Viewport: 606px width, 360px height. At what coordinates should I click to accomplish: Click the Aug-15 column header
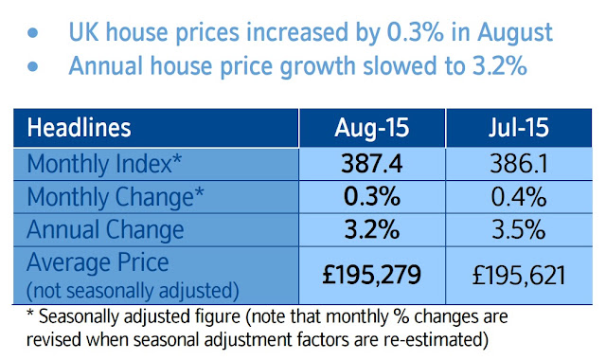pyautogui.click(x=372, y=128)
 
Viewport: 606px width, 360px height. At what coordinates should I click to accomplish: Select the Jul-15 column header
pyautogui.click(x=519, y=127)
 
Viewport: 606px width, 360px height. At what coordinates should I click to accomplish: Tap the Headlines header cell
pyautogui.click(x=79, y=128)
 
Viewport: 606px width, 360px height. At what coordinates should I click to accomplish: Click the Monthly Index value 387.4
pyautogui.click(x=372, y=164)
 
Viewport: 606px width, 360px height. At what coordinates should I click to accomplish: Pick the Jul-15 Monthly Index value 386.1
pyautogui.click(x=519, y=164)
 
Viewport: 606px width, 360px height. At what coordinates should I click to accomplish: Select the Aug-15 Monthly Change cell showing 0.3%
pyautogui.click(x=372, y=196)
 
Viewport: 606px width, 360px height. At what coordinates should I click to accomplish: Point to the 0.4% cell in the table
pyautogui.click(x=519, y=196)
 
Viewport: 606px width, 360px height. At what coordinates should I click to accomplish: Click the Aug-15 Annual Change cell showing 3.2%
pyautogui.click(x=372, y=229)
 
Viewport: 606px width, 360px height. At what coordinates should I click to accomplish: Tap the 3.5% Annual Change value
pyautogui.click(x=519, y=229)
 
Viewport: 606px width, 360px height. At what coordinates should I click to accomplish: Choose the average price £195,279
pyautogui.click(x=372, y=275)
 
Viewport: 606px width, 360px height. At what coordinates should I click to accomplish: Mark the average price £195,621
pyautogui.click(x=519, y=276)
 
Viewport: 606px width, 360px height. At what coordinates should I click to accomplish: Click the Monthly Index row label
pyautogui.click(x=104, y=164)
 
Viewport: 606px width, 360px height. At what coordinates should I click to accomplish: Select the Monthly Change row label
pyautogui.click(x=116, y=197)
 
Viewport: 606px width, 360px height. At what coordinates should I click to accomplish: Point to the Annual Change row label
pyautogui.click(x=105, y=229)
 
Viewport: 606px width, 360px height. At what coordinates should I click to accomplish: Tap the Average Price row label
pyautogui.click(x=98, y=262)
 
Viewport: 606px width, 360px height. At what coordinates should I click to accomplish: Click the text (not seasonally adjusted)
pyautogui.click(x=133, y=291)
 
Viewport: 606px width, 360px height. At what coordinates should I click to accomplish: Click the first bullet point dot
pyautogui.click(x=33, y=33)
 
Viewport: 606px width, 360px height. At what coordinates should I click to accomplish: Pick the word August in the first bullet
pyautogui.click(x=515, y=33)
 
